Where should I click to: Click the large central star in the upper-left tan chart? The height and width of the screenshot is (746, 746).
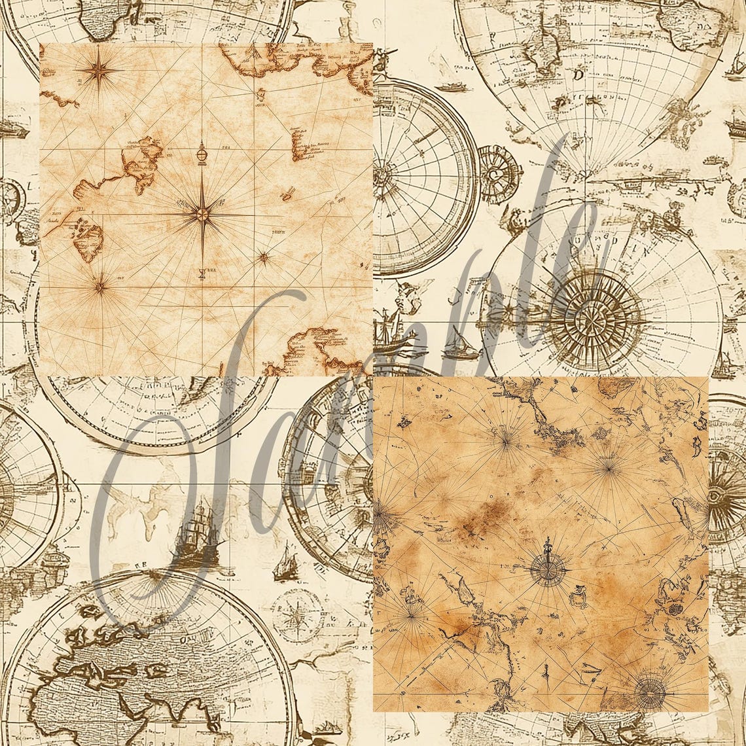pyautogui.click(x=202, y=213)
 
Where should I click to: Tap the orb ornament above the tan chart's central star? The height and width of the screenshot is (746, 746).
pyautogui.click(x=202, y=154)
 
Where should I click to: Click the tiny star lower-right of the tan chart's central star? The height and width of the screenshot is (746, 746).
pyautogui.click(x=264, y=258)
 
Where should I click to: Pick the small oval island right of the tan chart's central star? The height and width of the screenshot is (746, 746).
pyautogui.click(x=287, y=194)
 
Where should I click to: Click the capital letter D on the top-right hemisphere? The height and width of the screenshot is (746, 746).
pyautogui.click(x=578, y=75)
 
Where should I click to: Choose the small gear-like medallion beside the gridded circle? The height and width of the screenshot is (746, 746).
pyautogui.click(x=499, y=174)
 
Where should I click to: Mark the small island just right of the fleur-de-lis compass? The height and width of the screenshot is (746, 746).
pyautogui.click(x=577, y=595)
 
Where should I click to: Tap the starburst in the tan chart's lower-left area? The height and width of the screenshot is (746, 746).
pyautogui.click(x=100, y=285)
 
